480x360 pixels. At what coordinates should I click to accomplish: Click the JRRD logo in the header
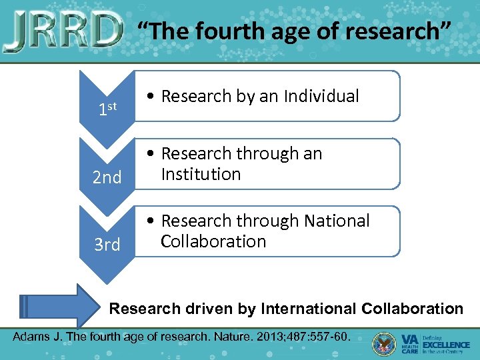click(63, 31)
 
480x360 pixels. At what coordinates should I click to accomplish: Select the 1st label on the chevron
click(107, 109)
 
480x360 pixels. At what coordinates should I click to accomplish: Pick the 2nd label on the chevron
click(107, 177)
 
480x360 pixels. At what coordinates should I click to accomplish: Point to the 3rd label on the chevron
click(107, 245)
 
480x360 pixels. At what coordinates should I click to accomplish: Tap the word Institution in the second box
click(201, 175)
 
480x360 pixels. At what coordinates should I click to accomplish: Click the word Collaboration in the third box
click(213, 241)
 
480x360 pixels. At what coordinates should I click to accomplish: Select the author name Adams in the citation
click(31, 335)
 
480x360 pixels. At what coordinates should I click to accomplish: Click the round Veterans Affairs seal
click(385, 343)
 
